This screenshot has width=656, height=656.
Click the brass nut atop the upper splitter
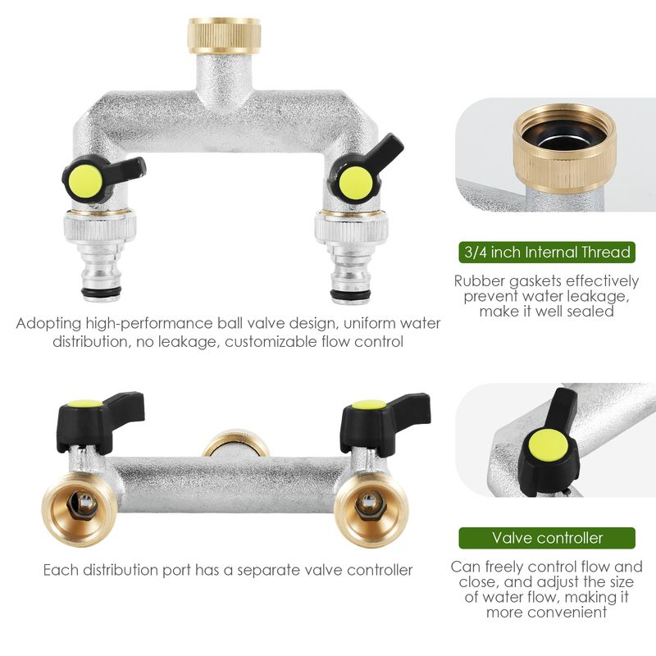point(224,35)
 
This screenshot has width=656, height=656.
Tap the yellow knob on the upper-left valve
point(85,183)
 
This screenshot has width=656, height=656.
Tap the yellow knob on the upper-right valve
point(356,183)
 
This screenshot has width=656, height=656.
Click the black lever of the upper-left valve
point(104,177)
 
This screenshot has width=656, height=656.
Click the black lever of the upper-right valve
point(364,170)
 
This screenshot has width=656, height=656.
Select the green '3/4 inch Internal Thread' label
point(547,253)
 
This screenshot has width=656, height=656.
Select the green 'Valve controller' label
point(547,538)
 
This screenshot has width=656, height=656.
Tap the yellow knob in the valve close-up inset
point(548,447)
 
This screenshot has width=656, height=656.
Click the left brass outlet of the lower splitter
point(80,508)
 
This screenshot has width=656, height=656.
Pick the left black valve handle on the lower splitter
point(100,421)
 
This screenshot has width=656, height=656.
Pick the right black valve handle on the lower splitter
point(385,422)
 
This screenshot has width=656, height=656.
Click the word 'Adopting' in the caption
point(48,324)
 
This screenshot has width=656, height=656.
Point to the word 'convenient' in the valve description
point(546,613)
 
